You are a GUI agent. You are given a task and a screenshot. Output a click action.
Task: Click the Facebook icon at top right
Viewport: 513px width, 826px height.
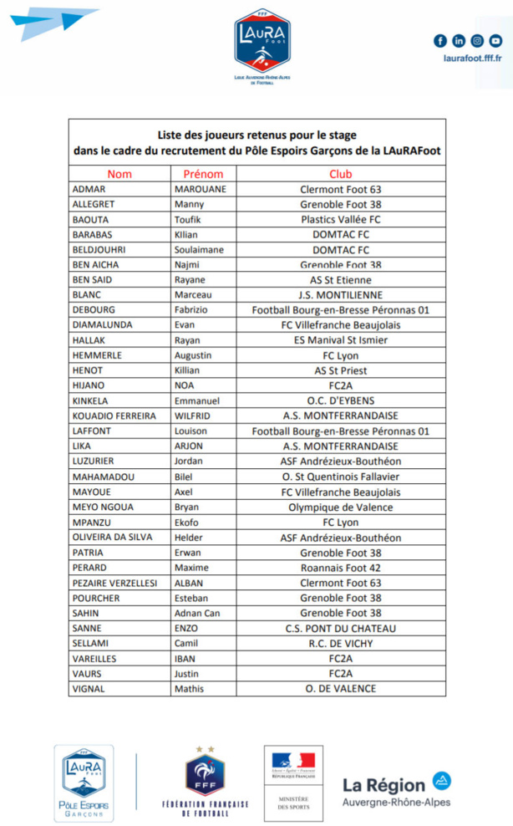440,41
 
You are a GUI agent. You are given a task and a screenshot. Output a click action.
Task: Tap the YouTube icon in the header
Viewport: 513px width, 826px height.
496,41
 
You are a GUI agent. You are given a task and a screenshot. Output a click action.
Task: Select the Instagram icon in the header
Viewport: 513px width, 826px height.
477,41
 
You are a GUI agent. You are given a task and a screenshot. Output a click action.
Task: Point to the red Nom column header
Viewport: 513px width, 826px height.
119,174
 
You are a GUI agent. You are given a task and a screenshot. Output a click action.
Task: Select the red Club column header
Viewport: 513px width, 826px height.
341,174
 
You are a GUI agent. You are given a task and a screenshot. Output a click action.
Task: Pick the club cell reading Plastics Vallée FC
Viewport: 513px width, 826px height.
341,219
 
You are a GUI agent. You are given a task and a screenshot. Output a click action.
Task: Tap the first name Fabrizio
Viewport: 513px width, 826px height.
192,310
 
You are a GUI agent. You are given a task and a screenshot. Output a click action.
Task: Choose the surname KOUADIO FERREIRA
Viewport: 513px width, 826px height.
114,416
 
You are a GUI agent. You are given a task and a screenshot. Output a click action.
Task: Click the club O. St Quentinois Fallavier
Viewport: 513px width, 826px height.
341,477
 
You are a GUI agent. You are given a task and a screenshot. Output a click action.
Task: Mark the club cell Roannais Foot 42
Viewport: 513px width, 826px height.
341,568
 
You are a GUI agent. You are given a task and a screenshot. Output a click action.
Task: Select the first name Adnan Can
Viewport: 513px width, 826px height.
197,613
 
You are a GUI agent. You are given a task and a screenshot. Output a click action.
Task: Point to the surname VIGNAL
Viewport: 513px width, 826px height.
90,689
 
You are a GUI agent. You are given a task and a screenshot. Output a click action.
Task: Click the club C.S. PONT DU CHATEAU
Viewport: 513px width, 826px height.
341,628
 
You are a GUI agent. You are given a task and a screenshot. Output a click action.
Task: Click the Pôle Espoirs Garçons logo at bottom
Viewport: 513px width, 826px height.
84,783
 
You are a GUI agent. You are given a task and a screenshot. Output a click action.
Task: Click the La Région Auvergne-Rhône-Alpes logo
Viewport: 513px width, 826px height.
397,788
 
